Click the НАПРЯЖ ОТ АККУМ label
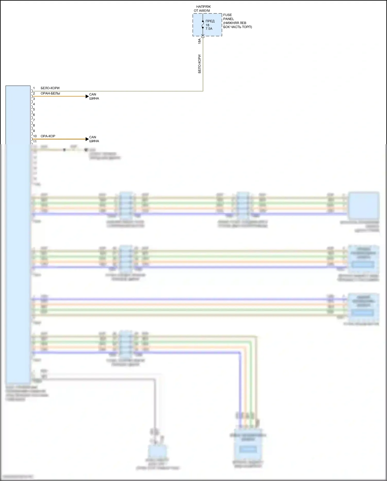203,9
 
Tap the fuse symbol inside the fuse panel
203,25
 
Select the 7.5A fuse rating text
209,29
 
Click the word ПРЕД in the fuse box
210,21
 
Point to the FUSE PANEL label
228,17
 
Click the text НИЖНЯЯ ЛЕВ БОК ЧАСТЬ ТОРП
237,25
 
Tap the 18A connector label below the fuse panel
199,41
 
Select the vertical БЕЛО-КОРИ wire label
199,64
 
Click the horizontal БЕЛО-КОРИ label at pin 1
50,88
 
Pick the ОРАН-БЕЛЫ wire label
50,93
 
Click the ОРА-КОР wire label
48,136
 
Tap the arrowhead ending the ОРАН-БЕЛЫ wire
87,96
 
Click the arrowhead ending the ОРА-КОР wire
87,139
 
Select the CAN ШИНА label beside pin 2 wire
94,96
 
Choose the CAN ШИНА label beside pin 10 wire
94,139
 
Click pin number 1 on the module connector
34,88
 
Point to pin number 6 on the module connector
34,115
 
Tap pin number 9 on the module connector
34,131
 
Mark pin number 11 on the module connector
35,141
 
